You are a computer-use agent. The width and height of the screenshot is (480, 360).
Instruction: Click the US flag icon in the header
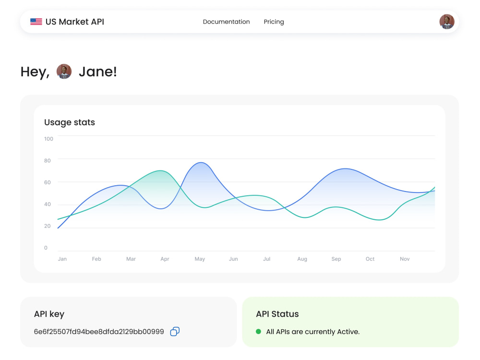(36, 22)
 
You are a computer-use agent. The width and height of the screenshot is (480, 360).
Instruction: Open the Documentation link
(226, 22)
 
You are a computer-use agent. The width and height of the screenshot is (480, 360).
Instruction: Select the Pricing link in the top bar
(274, 22)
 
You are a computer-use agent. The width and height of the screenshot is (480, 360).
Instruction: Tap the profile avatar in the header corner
(446, 22)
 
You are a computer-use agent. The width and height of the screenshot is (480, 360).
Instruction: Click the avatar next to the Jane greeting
(64, 72)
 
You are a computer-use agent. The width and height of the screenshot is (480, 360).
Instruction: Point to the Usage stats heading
(70, 122)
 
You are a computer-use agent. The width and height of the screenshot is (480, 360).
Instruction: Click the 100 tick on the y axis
(48, 139)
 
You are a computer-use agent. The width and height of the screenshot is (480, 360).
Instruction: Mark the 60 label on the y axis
(48, 182)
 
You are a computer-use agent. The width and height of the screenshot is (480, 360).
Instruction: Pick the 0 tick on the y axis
(46, 248)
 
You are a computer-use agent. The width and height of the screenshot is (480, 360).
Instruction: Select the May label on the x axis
(200, 259)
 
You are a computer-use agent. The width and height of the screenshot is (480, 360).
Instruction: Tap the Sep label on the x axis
(336, 259)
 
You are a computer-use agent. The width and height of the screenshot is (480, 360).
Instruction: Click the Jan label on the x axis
(62, 259)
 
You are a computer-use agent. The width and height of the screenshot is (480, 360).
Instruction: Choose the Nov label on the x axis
(405, 259)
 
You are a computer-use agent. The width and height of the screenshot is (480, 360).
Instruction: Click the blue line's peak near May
(201, 163)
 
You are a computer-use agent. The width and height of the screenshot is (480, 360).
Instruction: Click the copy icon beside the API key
(175, 332)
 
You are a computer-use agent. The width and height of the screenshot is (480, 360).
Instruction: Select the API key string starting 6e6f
(99, 332)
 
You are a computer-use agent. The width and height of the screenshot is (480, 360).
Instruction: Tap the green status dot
(258, 332)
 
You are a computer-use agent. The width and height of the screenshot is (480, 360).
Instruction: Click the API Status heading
(277, 314)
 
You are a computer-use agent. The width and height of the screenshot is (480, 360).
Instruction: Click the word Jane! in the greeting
(97, 72)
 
